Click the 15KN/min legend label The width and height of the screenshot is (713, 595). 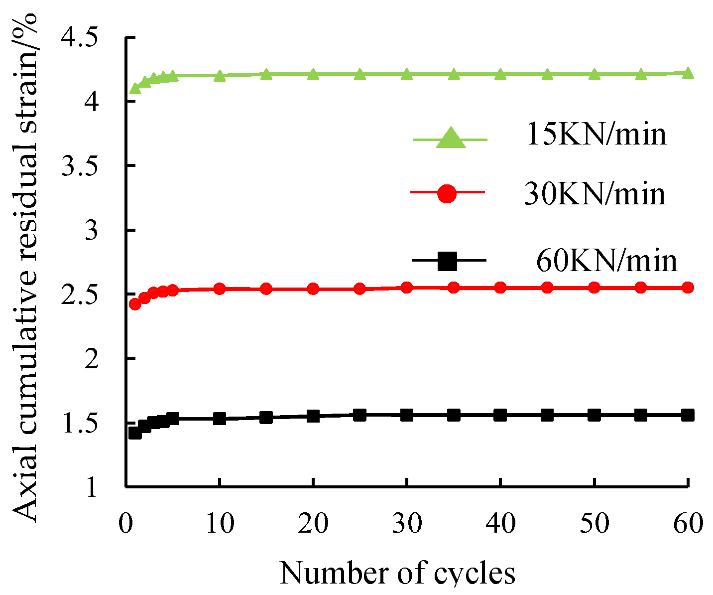[x=596, y=135]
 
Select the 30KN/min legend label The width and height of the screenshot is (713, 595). [x=594, y=195]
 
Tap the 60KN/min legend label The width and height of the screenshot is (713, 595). [x=606, y=261]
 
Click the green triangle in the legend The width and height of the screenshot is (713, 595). [x=451, y=139]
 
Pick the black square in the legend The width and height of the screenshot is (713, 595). [x=447, y=261]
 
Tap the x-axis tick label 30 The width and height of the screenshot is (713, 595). [x=407, y=524]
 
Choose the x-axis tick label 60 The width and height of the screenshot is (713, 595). [x=688, y=524]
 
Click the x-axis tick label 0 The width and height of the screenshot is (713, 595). [x=125, y=524]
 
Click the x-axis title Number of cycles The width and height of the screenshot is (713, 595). [x=397, y=573]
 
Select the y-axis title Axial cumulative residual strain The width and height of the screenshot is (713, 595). [x=25, y=268]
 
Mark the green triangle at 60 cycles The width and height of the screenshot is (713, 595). [x=688, y=73]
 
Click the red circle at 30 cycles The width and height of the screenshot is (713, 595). [x=407, y=288]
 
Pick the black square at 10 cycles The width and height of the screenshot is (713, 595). [x=220, y=418]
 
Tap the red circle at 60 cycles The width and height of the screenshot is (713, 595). [x=688, y=288]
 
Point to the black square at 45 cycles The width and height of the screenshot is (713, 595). [x=547, y=415]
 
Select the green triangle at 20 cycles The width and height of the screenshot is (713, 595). [x=313, y=75]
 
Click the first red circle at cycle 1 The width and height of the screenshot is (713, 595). [x=135, y=304]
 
